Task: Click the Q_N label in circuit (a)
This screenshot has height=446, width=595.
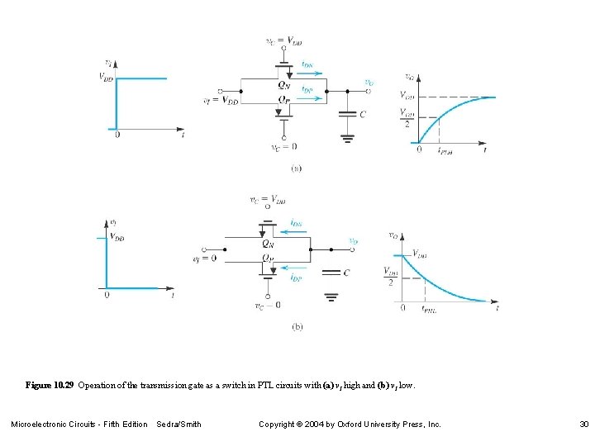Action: tap(284, 83)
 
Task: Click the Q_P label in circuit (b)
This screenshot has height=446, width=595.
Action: tap(268, 259)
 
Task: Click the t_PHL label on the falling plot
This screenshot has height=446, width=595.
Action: tap(430, 309)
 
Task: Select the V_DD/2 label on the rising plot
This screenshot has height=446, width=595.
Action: tap(406, 117)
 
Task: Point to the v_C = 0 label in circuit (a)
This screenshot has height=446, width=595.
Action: tap(283, 149)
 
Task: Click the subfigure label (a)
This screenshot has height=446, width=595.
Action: tap(296, 168)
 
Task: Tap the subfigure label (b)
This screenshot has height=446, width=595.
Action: tap(297, 327)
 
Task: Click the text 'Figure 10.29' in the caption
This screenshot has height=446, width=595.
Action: tap(50, 386)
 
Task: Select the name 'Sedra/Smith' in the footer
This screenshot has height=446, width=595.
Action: tap(178, 425)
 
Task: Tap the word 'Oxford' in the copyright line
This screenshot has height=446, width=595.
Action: tap(341, 425)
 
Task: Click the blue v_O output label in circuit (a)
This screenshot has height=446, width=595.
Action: tap(369, 83)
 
